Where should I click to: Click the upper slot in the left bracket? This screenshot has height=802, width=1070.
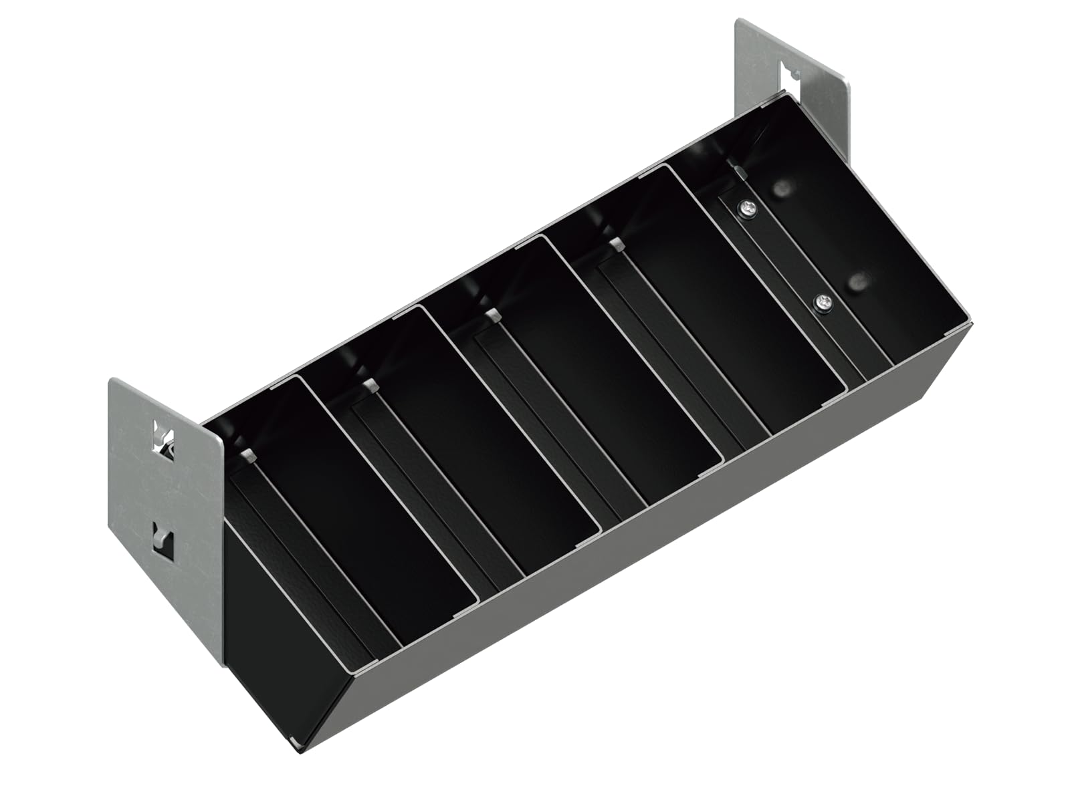(x=161, y=434)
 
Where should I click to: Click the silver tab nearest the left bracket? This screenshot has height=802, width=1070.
(x=248, y=456)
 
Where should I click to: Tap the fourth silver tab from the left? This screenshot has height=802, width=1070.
(x=617, y=244)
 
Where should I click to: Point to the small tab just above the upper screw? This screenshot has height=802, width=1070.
(x=738, y=172)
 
